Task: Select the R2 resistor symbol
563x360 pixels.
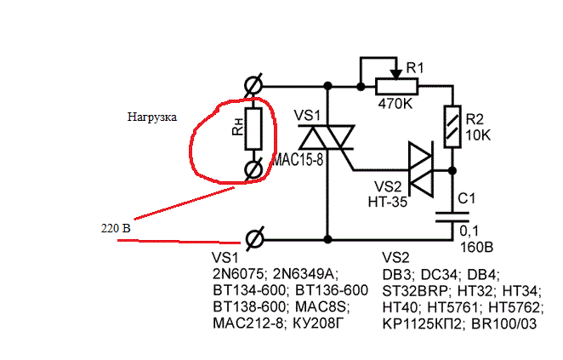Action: [452, 125]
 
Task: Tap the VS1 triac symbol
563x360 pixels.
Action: [327, 140]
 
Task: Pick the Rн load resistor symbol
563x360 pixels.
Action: [253, 129]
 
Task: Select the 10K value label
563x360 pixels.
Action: [479, 135]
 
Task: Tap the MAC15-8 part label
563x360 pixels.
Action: [298, 160]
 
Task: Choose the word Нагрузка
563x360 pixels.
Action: [152, 117]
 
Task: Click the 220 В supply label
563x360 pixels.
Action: [114, 228]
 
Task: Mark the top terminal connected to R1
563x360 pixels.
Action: [253, 86]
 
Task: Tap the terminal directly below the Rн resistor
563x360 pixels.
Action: [253, 170]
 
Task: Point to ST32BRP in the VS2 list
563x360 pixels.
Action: [413, 290]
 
